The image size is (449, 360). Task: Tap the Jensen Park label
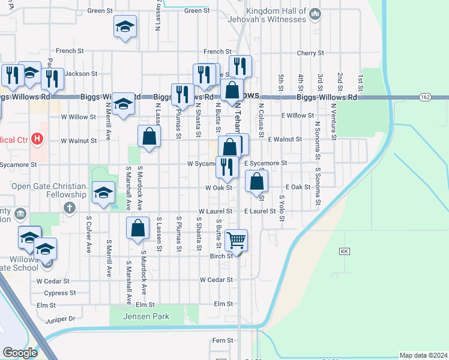(147, 316)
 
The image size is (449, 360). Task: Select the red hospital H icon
(38, 139)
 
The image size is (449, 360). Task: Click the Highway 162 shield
(425, 97)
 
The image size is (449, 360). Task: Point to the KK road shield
(344, 251)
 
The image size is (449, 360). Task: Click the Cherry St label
(310, 53)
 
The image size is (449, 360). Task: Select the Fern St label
(222, 340)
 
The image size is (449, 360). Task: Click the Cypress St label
(60, 293)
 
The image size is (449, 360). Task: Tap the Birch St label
(221, 256)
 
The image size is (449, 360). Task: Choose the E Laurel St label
(260, 211)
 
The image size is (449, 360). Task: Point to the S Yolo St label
(281, 207)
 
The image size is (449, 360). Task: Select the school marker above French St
(125, 27)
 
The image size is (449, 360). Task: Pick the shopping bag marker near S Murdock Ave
(137, 228)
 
